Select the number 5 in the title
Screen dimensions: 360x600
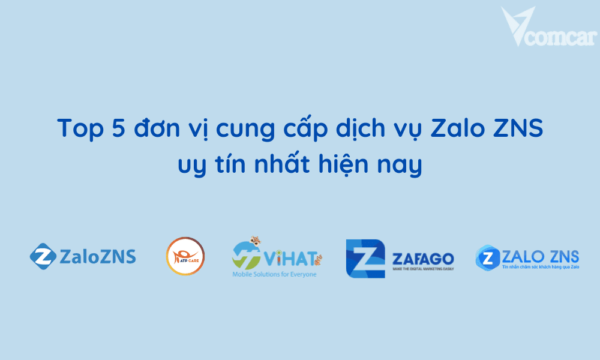(x=116, y=130)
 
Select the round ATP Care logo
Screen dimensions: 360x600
(x=185, y=257)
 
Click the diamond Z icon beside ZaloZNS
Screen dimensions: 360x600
(x=43, y=257)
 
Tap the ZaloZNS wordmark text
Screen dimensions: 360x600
(x=98, y=257)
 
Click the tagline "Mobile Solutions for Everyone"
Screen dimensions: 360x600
(x=274, y=274)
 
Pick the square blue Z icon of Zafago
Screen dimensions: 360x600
(x=365, y=259)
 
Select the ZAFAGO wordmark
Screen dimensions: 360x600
(x=422, y=259)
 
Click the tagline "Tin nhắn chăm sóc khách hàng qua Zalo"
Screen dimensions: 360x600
(x=540, y=266)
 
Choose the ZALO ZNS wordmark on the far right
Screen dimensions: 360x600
(x=540, y=255)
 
